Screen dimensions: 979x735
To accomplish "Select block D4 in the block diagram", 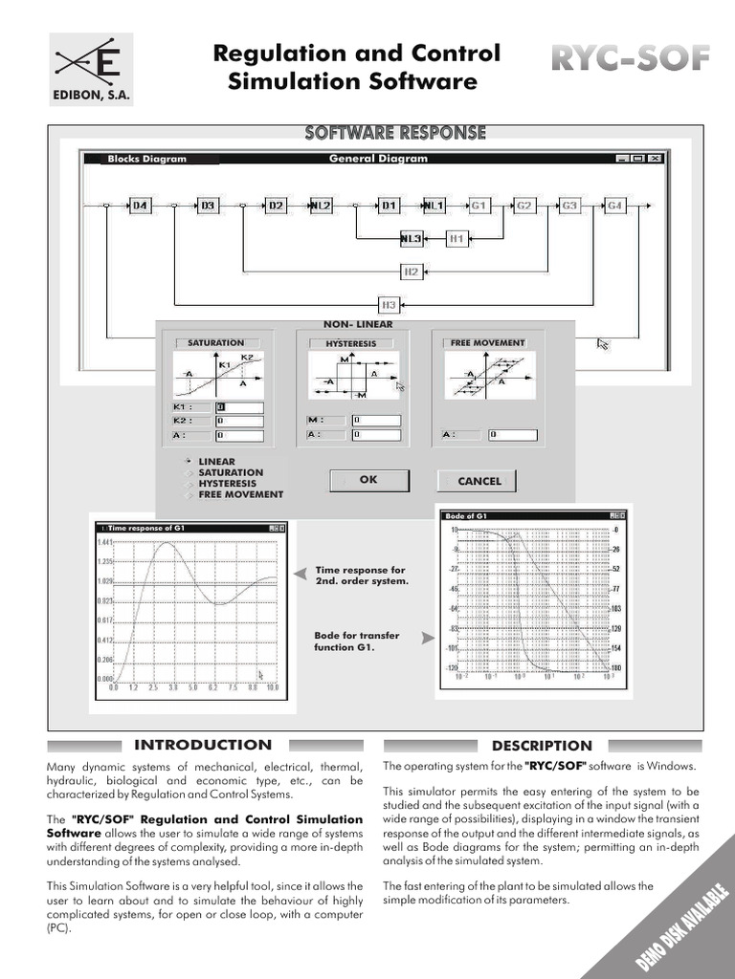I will click(x=141, y=206).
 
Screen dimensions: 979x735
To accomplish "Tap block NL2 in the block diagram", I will click(x=322, y=206).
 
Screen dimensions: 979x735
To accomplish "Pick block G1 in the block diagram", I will click(x=479, y=206).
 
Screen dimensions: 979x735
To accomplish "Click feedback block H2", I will click(x=411, y=272).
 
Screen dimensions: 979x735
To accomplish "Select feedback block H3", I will click(x=389, y=305).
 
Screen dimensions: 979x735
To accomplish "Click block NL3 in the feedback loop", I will click(x=411, y=238).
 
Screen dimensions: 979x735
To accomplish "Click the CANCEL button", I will click(x=479, y=481).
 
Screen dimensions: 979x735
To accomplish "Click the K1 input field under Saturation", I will click(x=238, y=406).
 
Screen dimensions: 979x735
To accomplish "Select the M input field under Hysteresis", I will click(x=375, y=420).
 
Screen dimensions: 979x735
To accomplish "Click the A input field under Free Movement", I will click(x=511, y=434).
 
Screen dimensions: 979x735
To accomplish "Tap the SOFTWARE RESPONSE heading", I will click(x=394, y=133).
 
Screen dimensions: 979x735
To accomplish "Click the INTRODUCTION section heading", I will click(x=203, y=745).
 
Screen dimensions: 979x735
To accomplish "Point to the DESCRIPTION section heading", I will click(x=542, y=746).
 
